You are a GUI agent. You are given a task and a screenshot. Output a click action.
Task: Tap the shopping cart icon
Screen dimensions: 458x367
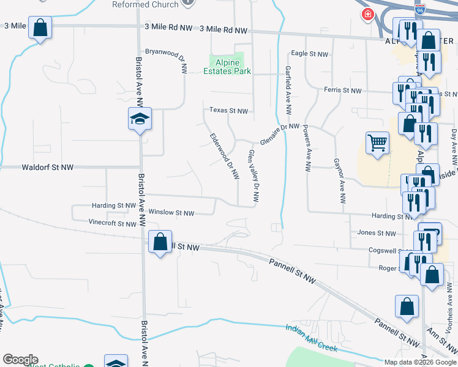(x=377, y=143)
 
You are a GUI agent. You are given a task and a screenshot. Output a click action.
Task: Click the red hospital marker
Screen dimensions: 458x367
(x=367, y=15)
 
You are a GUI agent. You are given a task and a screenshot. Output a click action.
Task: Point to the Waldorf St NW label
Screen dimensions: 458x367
(x=47, y=166)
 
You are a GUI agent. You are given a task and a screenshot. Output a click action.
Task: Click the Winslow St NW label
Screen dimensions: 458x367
(x=171, y=213)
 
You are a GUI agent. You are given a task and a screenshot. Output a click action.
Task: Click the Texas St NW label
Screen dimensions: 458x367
(x=229, y=111)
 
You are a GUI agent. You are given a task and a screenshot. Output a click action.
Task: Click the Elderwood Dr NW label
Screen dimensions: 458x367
(x=223, y=156)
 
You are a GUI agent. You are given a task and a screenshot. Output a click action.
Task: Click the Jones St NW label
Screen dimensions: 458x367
(x=377, y=233)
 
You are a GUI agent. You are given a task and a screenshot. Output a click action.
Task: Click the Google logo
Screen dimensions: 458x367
(x=20, y=360)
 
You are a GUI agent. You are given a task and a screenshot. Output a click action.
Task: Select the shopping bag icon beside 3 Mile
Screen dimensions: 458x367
(x=40, y=28)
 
